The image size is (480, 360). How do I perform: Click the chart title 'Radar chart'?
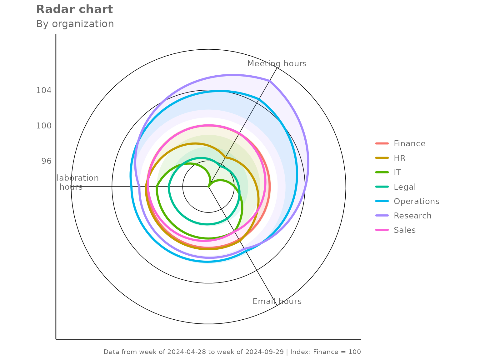coord(74,9)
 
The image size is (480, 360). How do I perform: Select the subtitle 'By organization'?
coord(75,24)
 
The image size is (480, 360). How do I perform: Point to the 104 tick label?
coord(44,91)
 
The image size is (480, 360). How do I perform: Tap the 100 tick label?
coord(44,126)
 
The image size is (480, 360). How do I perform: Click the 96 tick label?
coord(46,161)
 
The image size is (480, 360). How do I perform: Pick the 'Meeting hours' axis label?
coord(277,64)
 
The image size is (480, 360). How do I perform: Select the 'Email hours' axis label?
coord(277,301)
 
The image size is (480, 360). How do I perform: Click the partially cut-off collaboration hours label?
coord(77,182)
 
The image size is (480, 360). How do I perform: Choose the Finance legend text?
coord(409,143)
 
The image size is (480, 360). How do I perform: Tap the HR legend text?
coord(399,158)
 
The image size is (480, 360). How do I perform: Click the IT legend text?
coord(397,172)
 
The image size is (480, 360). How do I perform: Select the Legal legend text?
coord(405,187)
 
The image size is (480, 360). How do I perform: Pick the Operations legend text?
coord(416,201)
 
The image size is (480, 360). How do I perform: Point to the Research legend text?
coord(412,216)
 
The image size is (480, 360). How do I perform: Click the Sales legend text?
coord(404,230)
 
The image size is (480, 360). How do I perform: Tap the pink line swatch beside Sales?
coord(382,230)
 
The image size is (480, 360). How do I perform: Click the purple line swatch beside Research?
coord(382,216)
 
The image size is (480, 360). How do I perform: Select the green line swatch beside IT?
coord(382,172)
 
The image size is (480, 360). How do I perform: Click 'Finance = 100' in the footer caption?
coord(337,352)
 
